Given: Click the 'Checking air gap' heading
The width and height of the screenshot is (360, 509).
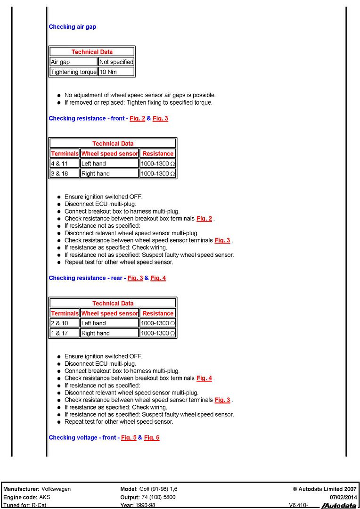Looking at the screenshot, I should click(72, 27).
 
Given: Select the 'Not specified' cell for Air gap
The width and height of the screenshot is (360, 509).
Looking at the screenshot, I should click(116, 62).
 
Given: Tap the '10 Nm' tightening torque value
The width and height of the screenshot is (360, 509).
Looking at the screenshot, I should click(108, 72).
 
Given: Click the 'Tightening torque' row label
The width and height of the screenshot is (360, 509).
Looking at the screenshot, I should click(74, 72).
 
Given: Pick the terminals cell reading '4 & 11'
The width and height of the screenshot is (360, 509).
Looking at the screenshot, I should click(58, 164).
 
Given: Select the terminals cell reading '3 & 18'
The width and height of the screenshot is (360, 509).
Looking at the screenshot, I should click(58, 173).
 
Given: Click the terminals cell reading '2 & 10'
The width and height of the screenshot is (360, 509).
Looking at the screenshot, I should click(58, 323).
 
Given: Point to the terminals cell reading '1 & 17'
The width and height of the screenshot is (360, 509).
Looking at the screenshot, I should click(58, 333).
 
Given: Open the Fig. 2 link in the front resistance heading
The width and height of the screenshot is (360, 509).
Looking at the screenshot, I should click(137, 118).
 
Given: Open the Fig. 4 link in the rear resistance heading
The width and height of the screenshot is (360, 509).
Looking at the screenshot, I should click(158, 278).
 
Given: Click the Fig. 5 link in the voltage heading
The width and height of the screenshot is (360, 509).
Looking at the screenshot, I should click(129, 437).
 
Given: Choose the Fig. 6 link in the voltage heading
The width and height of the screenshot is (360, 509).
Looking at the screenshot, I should click(152, 437).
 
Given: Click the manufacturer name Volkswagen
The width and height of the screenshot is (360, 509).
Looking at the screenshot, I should click(56, 489).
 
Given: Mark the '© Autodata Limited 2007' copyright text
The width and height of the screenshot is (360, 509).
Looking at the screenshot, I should click(325, 489).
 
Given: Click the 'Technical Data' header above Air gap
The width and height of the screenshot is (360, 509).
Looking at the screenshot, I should click(92, 52).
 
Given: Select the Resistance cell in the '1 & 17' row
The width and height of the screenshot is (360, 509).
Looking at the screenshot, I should click(158, 333).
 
